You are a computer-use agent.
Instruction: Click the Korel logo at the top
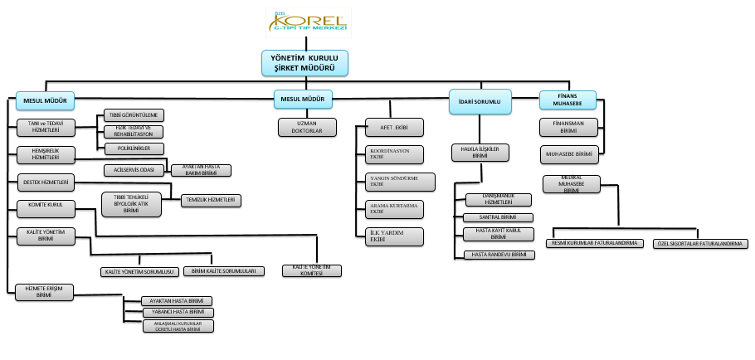(307, 22)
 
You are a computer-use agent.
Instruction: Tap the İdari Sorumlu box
(480, 101)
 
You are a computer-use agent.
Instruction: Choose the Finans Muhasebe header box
(568, 100)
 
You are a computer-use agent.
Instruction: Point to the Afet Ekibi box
(395, 128)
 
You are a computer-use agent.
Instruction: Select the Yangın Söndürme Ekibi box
(394, 181)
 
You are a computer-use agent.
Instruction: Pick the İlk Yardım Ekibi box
(394, 236)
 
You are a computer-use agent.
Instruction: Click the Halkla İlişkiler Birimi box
(479, 152)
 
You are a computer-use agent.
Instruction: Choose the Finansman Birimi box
(568, 127)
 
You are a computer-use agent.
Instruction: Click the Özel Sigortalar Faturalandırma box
(699, 244)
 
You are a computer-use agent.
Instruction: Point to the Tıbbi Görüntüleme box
(134, 114)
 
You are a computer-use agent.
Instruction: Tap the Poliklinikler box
(134, 148)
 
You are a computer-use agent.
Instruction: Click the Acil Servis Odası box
(135, 170)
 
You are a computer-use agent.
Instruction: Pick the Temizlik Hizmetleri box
(212, 200)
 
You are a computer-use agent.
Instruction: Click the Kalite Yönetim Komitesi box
(311, 270)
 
